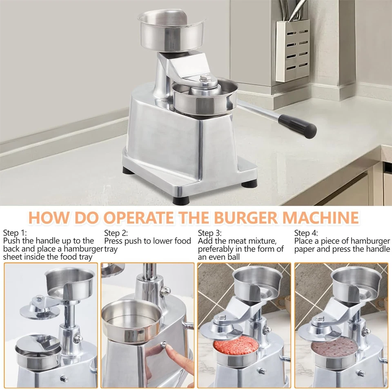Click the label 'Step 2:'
[x=116, y=233]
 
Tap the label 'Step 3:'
[x=210, y=233]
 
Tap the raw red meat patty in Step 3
[x=236, y=346]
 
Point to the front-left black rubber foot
[x=180, y=201]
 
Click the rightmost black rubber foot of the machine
[x=249, y=183]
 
